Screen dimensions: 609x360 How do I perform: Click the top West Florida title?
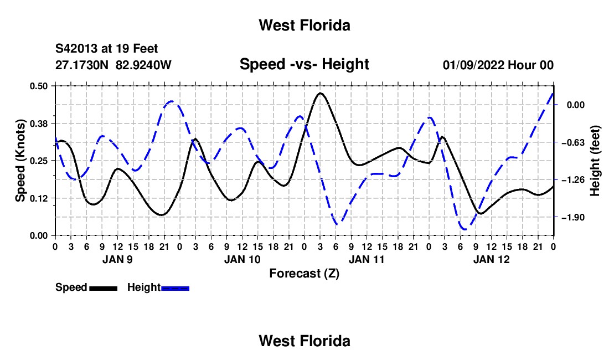pos(304,25)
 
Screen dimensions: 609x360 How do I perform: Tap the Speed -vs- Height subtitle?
pos(304,64)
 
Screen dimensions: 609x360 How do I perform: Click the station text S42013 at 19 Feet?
pos(106,49)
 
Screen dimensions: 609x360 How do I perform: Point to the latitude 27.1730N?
pos(82,65)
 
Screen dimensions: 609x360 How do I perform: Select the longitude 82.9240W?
pos(143,65)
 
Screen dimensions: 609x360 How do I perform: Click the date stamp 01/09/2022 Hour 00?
pos(498,65)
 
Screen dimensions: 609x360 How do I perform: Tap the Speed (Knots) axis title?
pos(20,161)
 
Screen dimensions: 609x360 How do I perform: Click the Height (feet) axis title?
pos(595,161)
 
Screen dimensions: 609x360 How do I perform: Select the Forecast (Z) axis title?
pos(304,274)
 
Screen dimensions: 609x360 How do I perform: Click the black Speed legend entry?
pos(86,287)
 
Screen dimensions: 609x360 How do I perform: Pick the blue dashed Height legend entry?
pos(158,287)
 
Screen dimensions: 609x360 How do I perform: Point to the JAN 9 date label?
pos(117,259)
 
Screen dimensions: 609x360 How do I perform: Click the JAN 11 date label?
pos(367,259)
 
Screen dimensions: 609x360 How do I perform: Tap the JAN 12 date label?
pos(491,259)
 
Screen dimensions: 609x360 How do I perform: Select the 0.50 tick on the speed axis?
pos(39,86)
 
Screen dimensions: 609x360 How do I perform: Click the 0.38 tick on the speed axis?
pos(39,124)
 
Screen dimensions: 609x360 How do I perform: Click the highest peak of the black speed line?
pos(321,93)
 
